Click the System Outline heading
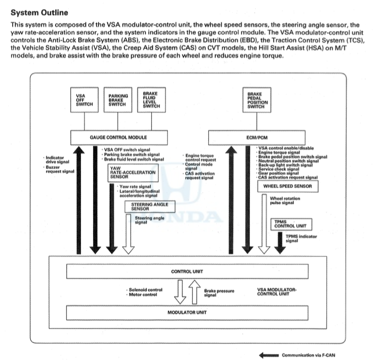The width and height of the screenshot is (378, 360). [40, 13]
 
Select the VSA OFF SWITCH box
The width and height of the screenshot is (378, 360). [84, 100]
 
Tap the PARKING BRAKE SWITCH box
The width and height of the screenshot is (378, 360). [118, 100]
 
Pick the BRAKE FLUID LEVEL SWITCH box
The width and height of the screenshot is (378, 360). [151, 100]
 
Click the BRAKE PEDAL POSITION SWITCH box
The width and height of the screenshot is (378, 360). [257, 100]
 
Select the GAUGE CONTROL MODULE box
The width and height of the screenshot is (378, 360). [119, 138]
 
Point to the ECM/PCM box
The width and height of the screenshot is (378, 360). [257, 138]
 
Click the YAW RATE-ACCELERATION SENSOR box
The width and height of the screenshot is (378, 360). [133, 173]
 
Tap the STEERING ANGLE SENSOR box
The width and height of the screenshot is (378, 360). [150, 207]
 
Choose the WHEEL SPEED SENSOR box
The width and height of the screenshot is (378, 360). [288, 186]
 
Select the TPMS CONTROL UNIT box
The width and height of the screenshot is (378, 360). [291, 224]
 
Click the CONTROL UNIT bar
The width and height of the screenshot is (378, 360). [187, 272]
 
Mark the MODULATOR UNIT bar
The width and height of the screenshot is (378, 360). [187, 313]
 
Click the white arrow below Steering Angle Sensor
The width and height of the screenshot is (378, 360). [128, 234]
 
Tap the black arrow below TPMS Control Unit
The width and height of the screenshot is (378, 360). [280, 243]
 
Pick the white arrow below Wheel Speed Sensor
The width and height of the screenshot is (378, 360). [264, 224]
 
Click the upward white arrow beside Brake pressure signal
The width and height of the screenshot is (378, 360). [195, 292]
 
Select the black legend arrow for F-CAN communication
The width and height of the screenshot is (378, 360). [269, 355]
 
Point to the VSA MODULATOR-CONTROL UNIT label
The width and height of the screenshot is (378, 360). [277, 292]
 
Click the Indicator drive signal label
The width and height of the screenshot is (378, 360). [58, 160]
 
